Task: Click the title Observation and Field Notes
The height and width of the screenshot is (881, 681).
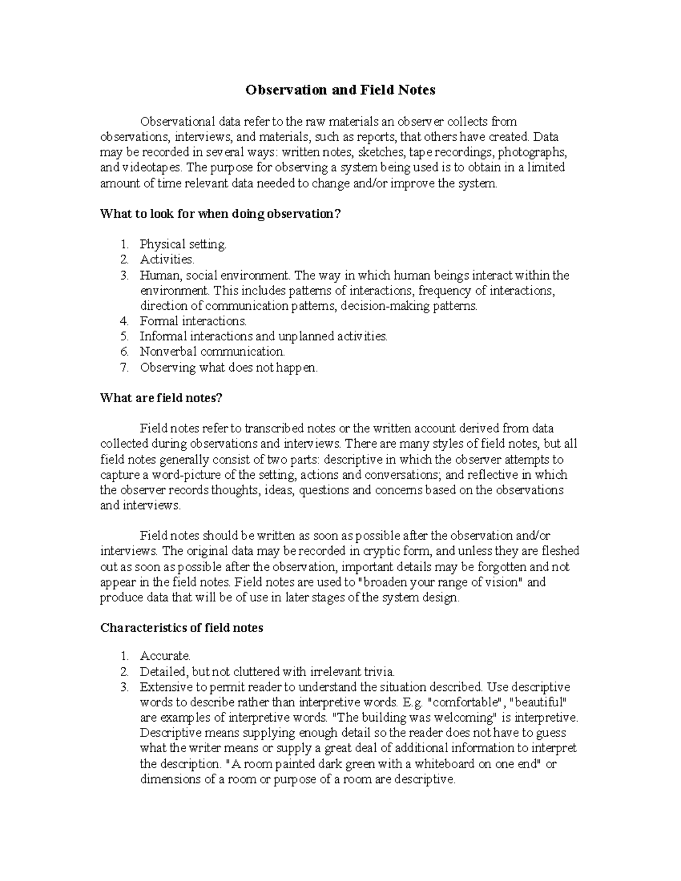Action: pyautogui.click(x=340, y=90)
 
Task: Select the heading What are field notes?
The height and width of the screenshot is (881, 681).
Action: pyautogui.click(x=161, y=398)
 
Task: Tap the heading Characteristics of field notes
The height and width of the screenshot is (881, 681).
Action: pyautogui.click(x=182, y=628)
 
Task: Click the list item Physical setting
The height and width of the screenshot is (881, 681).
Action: pyautogui.click(x=183, y=245)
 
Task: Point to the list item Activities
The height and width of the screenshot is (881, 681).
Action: pyautogui.click(x=167, y=260)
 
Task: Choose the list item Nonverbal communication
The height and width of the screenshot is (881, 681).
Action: pyautogui.click(x=212, y=352)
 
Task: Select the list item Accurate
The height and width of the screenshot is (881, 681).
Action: pyautogui.click(x=165, y=656)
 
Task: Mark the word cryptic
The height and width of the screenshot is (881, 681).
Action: pyautogui.click(x=384, y=551)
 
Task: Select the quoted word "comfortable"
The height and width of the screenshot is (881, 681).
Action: pyautogui.click(x=462, y=702)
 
